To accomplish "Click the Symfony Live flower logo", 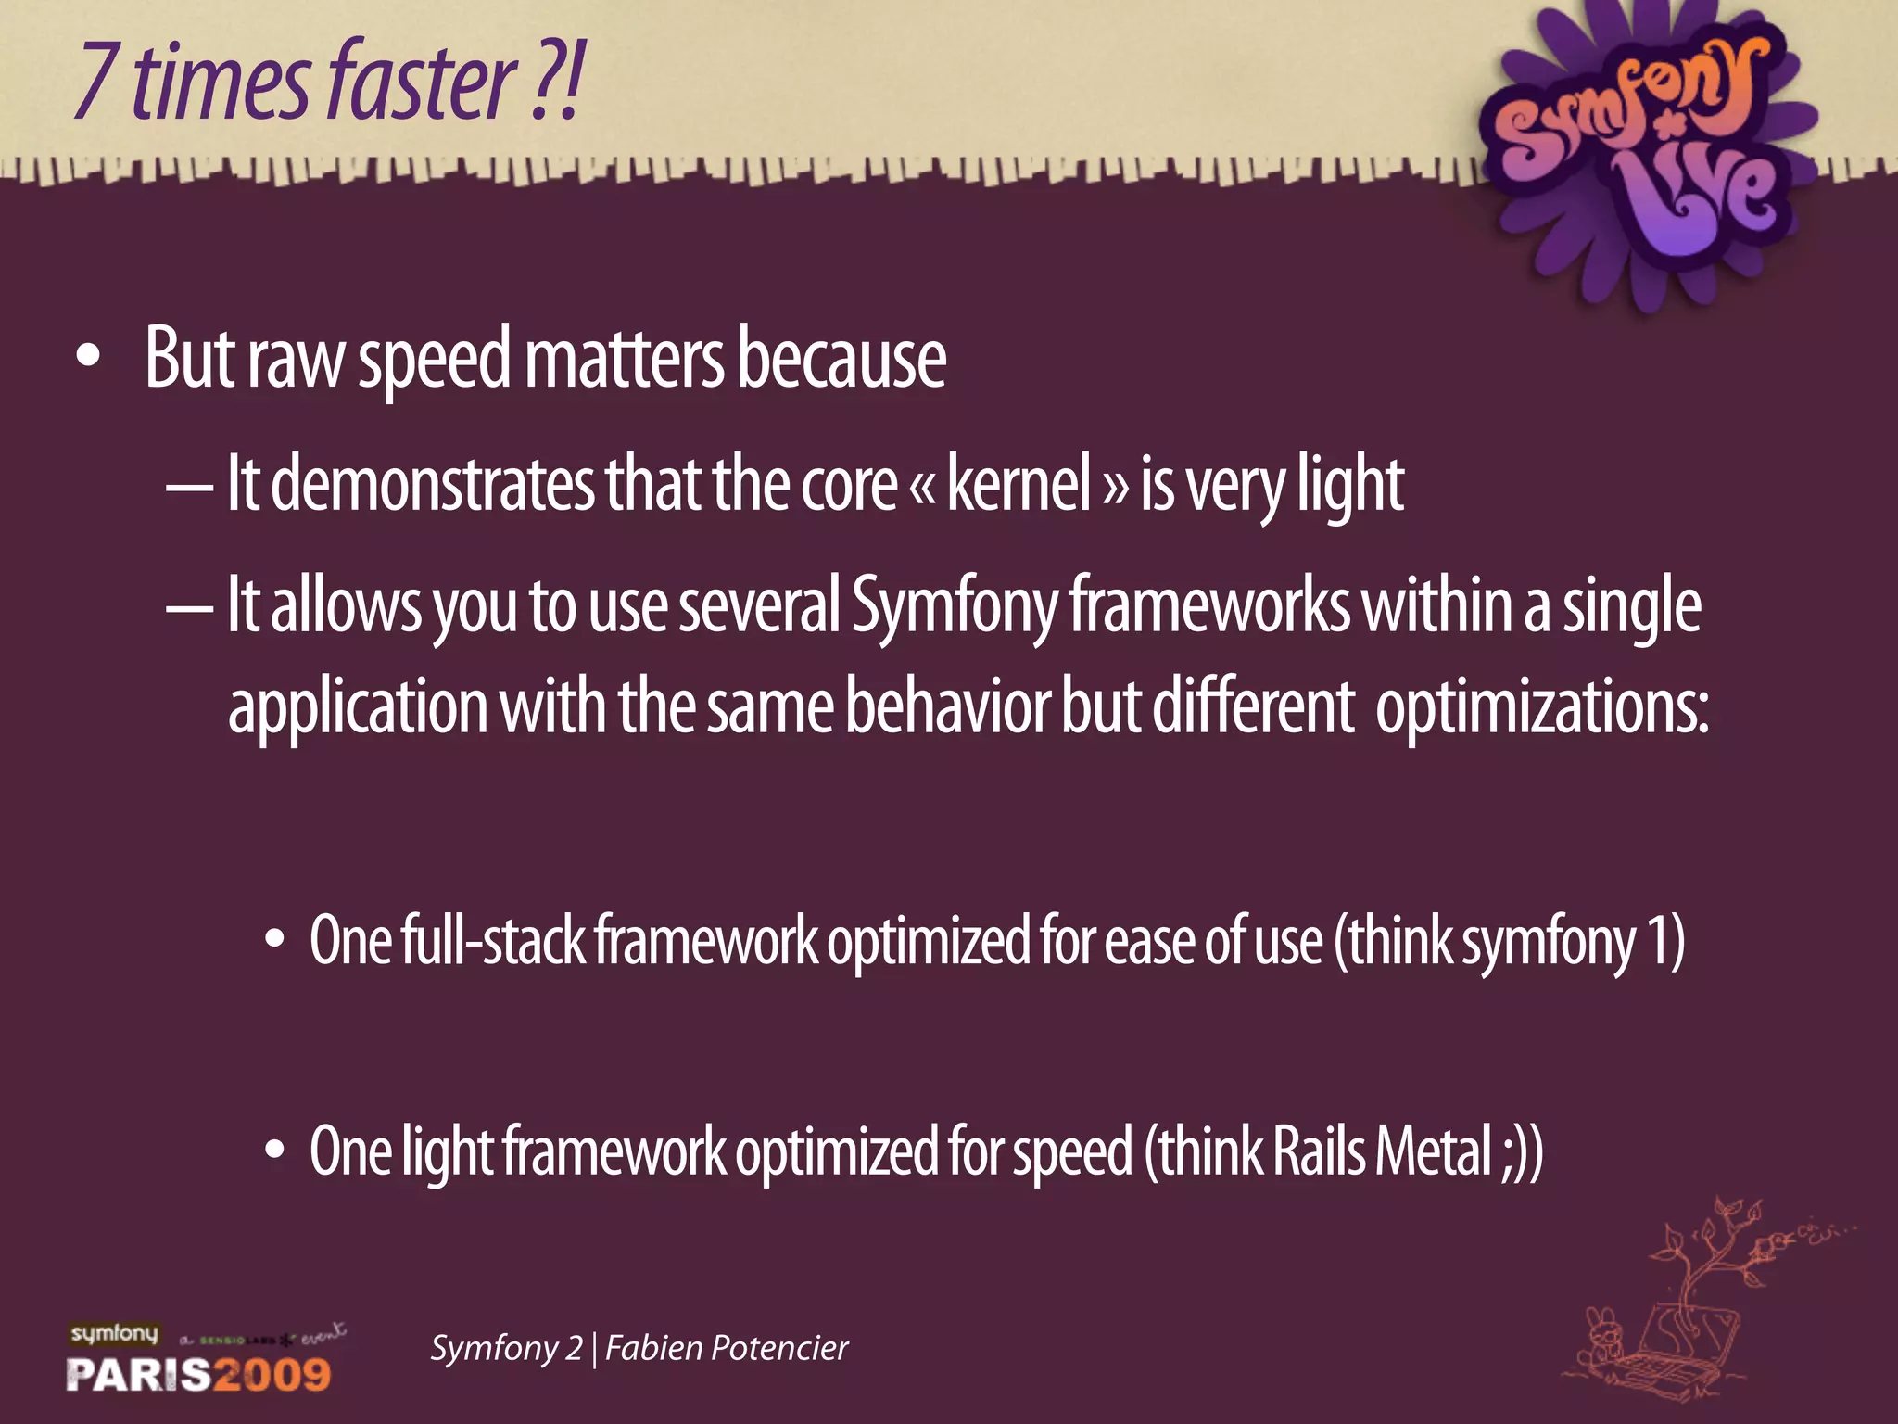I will point(1640,153).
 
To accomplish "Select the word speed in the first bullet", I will point(434,362).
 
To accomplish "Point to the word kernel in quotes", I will point(1019,485).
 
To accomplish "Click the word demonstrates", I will point(433,485).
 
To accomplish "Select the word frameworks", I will point(1209,605).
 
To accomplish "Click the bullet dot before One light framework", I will point(274,1151).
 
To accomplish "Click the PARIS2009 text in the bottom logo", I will point(198,1374).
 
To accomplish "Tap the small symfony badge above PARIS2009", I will point(114,1334).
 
